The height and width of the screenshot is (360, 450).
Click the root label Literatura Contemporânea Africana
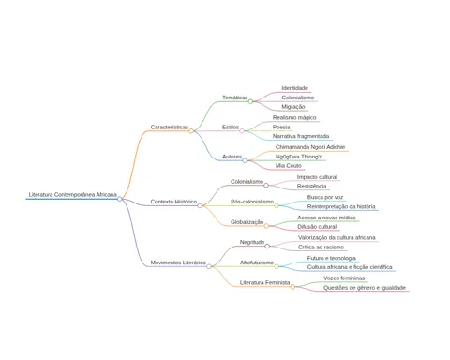click(72, 195)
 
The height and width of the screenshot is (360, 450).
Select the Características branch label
click(170, 127)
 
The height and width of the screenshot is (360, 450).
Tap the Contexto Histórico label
click(173, 202)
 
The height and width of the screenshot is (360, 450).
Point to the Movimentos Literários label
click(178, 262)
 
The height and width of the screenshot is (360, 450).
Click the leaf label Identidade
click(294, 88)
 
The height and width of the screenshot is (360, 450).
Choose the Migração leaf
click(293, 107)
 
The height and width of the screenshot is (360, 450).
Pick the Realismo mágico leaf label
click(294, 118)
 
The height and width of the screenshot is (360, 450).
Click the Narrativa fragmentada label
click(301, 136)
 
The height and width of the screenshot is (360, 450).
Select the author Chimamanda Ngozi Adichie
click(310, 147)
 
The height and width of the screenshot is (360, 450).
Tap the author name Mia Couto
click(289, 166)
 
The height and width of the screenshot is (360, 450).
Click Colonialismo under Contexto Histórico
click(247, 182)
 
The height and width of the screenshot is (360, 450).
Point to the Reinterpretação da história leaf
click(341, 206)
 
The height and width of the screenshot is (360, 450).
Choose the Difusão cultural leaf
click(317, 227)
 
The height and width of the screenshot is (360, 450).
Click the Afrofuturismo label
click(257, 262)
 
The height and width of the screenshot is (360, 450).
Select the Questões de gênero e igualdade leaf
click(365, 288)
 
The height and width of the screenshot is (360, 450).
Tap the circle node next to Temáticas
click(250, 101)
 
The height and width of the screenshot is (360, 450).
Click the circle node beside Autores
click(245, 160)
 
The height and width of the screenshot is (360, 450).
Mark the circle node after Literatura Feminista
click(292, 287)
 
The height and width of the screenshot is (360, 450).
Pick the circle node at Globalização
click(266, 226)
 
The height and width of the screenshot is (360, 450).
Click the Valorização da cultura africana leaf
click(337, 238)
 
